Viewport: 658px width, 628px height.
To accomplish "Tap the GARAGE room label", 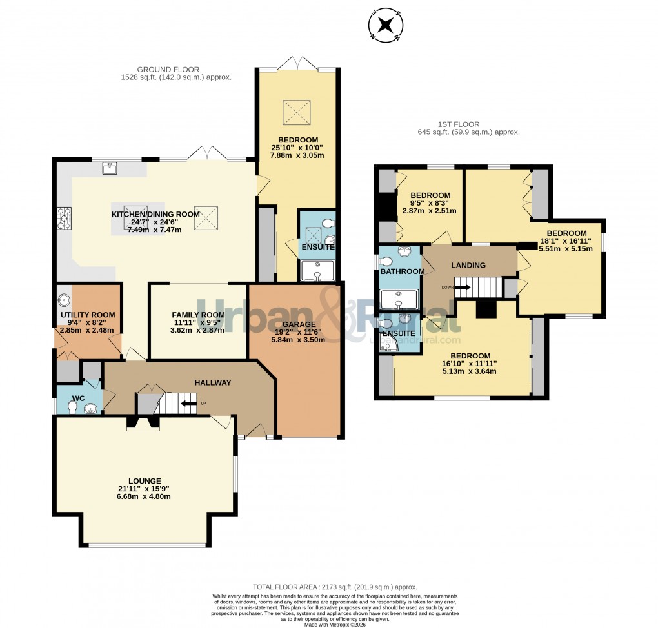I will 298,324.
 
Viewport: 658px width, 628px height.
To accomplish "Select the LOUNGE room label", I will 145,480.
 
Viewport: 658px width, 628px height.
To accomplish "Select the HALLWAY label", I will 213,382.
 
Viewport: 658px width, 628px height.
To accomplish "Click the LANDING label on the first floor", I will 468,265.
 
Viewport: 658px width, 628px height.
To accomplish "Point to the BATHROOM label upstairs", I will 402,271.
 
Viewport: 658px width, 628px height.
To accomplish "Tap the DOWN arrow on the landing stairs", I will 463,288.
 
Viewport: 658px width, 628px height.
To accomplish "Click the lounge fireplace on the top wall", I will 143,423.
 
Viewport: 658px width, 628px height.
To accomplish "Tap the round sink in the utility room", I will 64,299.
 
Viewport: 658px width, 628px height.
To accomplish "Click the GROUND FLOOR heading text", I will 168,70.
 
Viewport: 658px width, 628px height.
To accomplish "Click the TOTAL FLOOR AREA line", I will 334,587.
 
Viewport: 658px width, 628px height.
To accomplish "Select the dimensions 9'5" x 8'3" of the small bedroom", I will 430,203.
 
